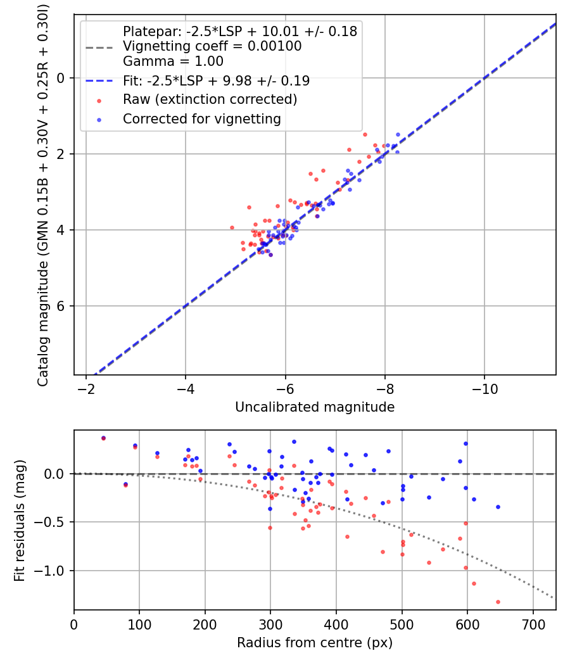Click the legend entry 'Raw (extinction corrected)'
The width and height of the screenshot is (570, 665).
tap(210, 99)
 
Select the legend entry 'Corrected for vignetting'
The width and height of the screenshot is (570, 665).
tap(202, 119)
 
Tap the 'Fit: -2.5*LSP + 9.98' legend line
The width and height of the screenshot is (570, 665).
tap(99, 80)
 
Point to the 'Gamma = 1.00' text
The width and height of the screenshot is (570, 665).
tap(173, 61)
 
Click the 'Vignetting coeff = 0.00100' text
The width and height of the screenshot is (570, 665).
tap(212, 46)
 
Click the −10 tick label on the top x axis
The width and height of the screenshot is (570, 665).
tap(484, 389)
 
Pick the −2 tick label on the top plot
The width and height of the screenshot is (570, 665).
tap(86, 389)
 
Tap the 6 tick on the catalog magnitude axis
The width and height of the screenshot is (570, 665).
tap(61, 306)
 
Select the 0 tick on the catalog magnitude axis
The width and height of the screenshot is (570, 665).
tap(61, 78)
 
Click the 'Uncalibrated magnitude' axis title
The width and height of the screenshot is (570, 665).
tap(315, 407)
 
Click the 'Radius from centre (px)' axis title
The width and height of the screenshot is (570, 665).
tap(315, 643)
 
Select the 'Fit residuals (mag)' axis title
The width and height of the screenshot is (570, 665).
tap(20, 521)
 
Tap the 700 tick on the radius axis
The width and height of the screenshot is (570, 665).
tap(533, 624)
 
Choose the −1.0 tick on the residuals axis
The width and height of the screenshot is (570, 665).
tap(49, 571)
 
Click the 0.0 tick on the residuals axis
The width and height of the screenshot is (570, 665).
tap(54, 474)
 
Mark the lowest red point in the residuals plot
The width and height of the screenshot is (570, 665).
tap(498, 602)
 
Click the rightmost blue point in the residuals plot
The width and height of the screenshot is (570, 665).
tap(498, 507)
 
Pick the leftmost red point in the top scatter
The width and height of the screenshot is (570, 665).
tap(232, 228)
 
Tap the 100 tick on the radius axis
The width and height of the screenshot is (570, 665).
tap(139, 624)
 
